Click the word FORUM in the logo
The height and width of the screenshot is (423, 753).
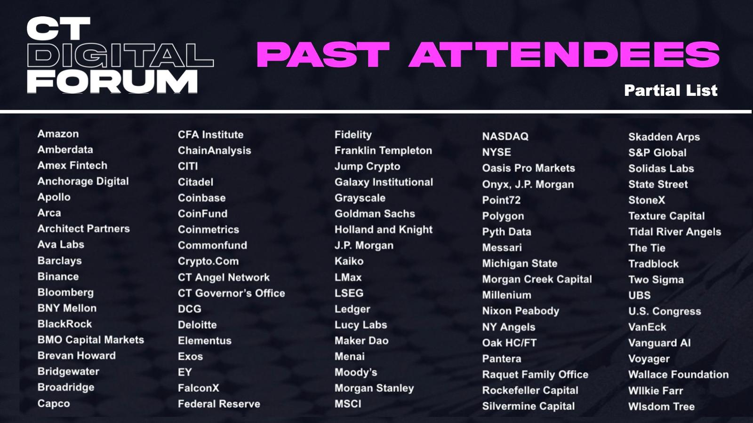(x=112, y=82)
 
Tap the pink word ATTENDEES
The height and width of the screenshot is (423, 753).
(x=564, y=55)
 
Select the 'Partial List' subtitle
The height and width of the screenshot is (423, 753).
(x=671, y=90)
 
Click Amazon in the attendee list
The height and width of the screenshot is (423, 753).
(x=58, y=133)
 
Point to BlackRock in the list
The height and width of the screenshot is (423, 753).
(x=64, y=324)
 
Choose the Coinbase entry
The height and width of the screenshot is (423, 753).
(x=202, y=198)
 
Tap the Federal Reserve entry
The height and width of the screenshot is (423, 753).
(x=219, y=404)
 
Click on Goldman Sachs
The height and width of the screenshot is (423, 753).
(x=375, y=213)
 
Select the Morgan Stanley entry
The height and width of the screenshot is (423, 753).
(x=374, y=388)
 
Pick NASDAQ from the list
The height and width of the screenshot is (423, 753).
(x=505, y=136)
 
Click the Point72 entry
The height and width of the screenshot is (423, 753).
(x=501, y=200)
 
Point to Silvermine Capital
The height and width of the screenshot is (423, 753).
(x=529, y=406)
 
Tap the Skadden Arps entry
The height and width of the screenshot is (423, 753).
(x=664, y=137)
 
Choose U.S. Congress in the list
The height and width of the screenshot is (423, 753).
(x=665, y=311)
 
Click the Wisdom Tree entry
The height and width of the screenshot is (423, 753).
(x=661, y=407)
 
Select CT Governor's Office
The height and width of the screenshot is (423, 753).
(x=231, y=293)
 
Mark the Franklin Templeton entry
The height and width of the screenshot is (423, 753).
(x=383, y=150)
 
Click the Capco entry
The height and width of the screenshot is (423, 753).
(x=54, y=403)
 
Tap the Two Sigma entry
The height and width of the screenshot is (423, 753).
(x=656, y=280)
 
